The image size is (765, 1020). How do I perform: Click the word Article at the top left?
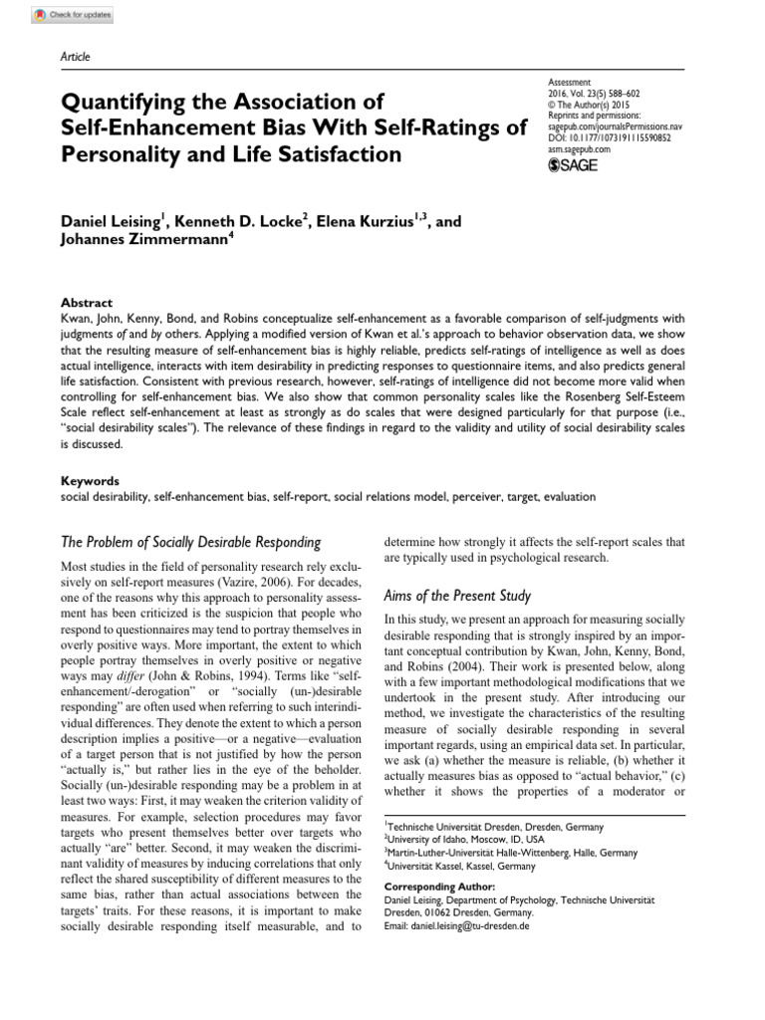[x=76, y=57]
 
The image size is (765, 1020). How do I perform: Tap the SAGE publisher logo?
[x=573, y=164]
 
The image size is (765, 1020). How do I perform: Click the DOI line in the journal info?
[x=609, y=138]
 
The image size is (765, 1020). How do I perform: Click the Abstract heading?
[x=88, y=303]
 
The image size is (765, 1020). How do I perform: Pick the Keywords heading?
[x=91, y=480]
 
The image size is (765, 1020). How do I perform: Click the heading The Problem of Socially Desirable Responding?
[x=191, y=543]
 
